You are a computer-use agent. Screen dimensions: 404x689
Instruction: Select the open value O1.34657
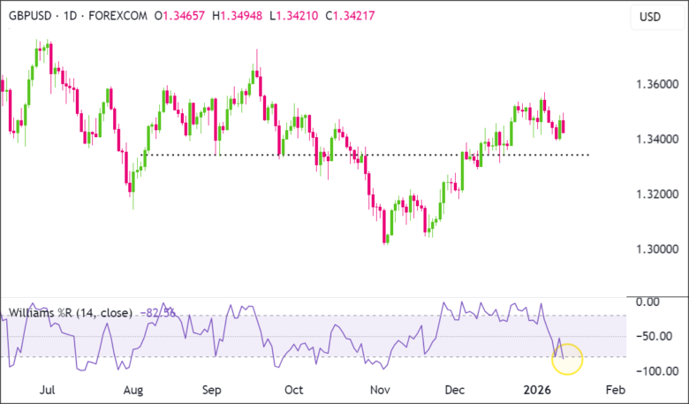[x=183, y=16]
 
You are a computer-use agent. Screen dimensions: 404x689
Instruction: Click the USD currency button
[x=651, y=16]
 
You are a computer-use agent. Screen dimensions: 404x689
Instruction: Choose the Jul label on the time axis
[x=49, y=389]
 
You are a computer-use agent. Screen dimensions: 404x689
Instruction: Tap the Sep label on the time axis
[x=212, y=389]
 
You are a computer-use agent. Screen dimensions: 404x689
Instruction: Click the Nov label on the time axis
[x=380, y=389]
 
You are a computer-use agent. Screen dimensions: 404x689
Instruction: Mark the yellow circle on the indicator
[x=566, y=357]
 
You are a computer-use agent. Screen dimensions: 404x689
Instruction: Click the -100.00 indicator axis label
[x=654, y=370]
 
